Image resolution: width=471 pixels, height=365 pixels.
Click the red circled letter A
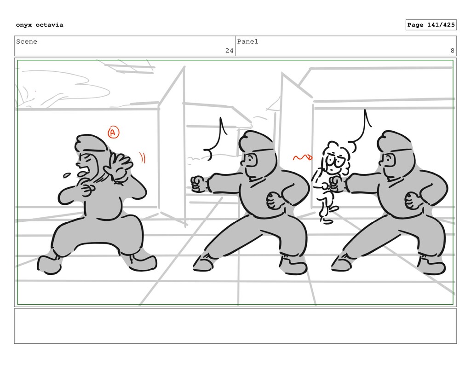coord(113,132)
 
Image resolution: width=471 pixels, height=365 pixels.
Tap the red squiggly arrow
coord(303,157)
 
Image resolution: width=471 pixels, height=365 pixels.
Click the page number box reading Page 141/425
coord(431,25)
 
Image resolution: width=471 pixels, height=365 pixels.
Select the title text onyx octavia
coord(40,25)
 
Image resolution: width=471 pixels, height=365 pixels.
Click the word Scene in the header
coord(27,41)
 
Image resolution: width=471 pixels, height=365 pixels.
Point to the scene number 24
coord(229,51)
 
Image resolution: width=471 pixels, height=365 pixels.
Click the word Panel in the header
coord(247,41)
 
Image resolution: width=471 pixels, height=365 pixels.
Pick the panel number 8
coord(453,51)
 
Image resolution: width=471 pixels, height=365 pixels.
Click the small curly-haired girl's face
coord(333,162)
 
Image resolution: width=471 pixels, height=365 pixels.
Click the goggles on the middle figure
coord(251,161)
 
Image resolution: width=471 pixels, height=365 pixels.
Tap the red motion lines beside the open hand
coord(142,158)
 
